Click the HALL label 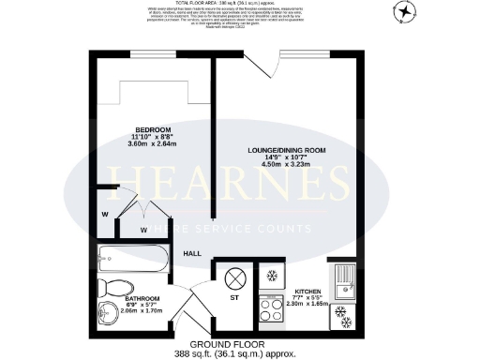[x=192, y=253]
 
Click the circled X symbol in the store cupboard [x=234, y=277]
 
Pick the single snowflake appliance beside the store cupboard [x=271, y=276]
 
